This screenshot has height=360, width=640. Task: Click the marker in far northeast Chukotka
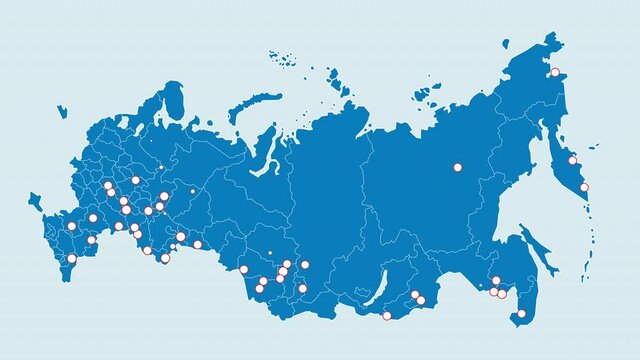coord(555,72)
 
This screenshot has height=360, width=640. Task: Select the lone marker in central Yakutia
coord(458,167)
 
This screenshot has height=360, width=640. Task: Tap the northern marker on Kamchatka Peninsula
coord(573,160)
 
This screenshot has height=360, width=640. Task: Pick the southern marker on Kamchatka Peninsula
coord(584,187)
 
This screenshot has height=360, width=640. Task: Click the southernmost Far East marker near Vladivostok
coord(521,314)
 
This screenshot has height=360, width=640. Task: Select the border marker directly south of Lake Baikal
coord(387,316)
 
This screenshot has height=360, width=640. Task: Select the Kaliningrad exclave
coord(62,110)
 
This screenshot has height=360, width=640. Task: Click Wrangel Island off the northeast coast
coord(506,43)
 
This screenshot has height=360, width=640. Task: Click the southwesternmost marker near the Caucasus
coord(71,259)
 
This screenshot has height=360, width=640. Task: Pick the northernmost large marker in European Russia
coord(135,180)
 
